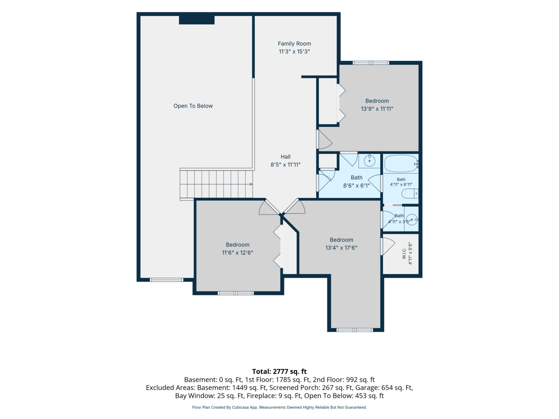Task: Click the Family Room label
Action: [x=294, y=44]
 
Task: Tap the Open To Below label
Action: [x=193, y=106]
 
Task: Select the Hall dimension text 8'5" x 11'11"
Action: [x=285, y=164]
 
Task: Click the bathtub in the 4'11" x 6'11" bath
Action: [x=401, y=164]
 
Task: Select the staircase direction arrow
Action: [x=251, y=184]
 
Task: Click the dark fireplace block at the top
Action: [x=196, y=20]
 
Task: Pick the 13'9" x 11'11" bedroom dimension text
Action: [x=377, y=109]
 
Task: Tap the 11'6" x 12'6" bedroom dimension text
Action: [x=237, y=253]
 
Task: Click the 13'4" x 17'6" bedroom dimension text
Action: [x=341, y=248]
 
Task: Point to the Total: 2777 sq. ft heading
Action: [x=279, y=371]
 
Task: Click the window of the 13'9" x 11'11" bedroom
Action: [x=371, y=62]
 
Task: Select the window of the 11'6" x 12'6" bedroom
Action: [x=236, y=293]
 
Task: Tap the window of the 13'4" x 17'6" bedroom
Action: [x=355, y=330]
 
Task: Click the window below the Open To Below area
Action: [x=166, y=280]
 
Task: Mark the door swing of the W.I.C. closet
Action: [x=387, y=246]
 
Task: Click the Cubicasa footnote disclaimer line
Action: [x=279, y=407]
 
